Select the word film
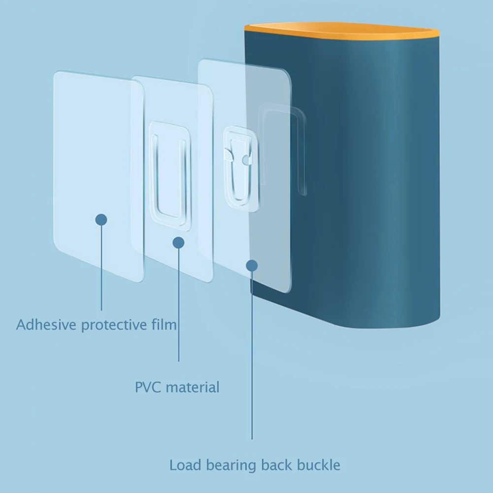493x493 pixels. pos(164,325)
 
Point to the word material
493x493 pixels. pos(193,387)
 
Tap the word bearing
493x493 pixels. pos(230,465)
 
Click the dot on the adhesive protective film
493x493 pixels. pos(101,220)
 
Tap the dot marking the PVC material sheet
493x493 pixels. pos(178,242)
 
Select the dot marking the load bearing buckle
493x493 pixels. pos(252,265)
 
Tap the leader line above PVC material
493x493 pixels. pos(178,305)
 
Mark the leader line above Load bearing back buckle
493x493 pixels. pos(252,355)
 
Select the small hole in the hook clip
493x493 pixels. pos(245,160)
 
